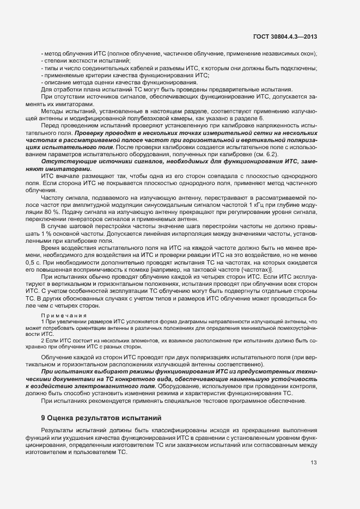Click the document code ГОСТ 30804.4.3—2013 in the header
click(285, 37)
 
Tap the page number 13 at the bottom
click(314, 463)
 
